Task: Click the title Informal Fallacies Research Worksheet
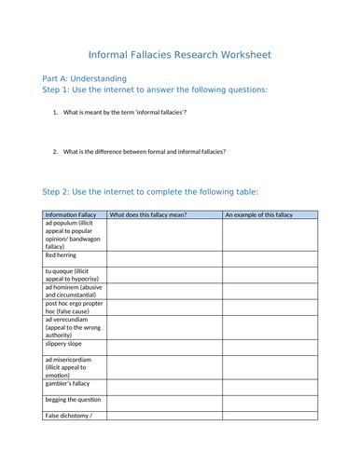(179, 55)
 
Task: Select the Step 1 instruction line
(155, 89)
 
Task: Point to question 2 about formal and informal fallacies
(145, 151)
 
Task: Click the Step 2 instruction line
(150, 192)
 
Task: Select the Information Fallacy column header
(70, 214)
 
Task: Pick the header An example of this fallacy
(258, 214)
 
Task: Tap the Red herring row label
(61, 254)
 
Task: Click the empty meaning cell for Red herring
(164, 258)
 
